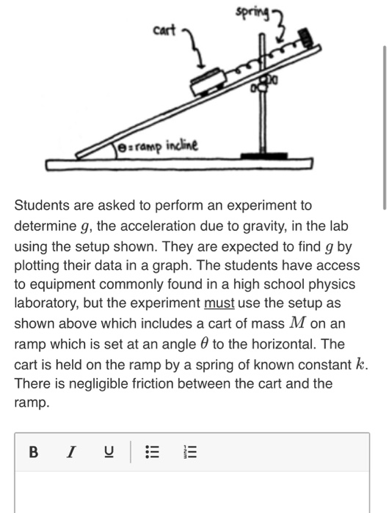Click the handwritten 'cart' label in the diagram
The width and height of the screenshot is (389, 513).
[165, 30]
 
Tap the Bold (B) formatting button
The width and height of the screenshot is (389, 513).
[33, 452]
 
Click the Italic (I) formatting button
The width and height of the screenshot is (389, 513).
[71, 452]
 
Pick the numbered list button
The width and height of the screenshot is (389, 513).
[189, 452]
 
